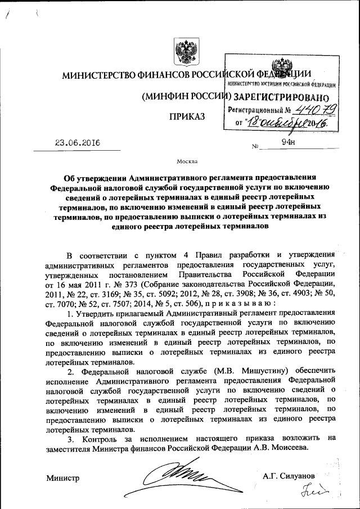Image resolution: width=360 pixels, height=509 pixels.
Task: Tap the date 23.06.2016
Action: (77, 143)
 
